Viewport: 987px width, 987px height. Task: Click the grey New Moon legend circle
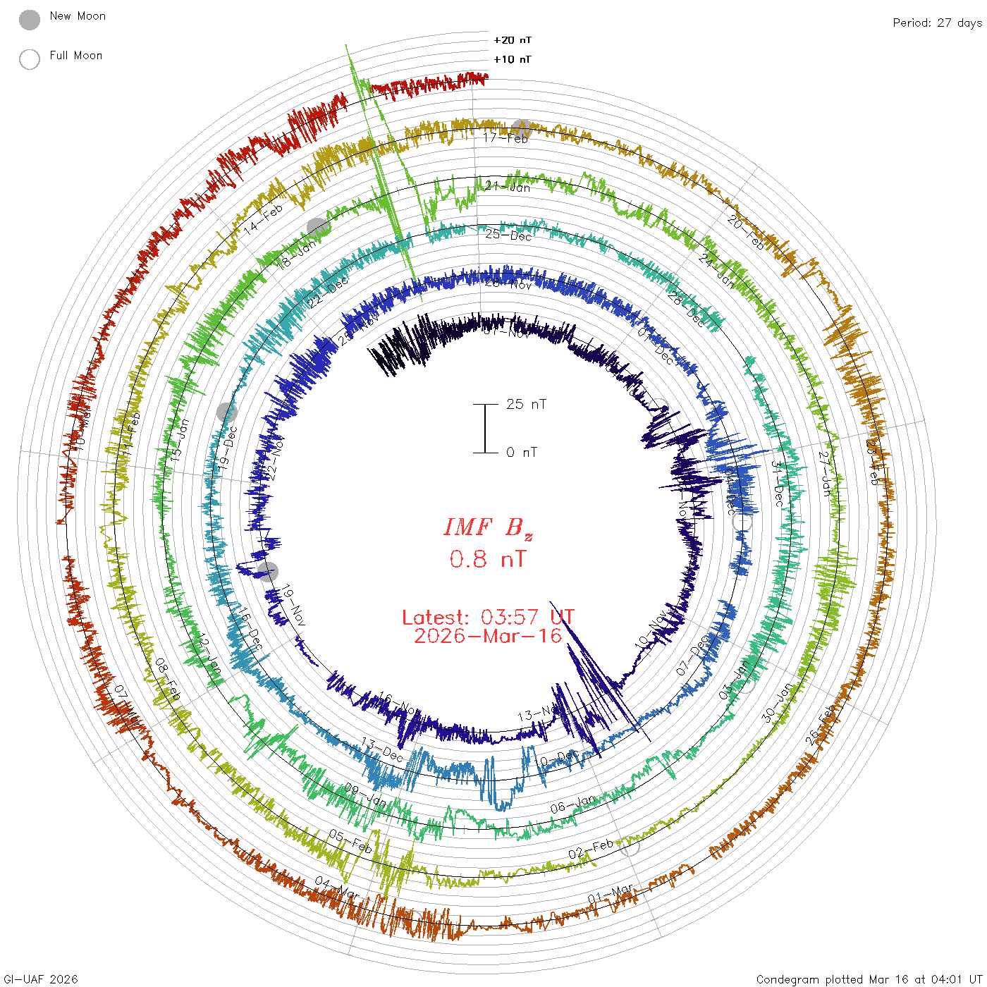(30, 20)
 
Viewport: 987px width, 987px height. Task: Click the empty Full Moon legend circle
(30, 59)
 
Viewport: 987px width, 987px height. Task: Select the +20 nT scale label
(513, 40)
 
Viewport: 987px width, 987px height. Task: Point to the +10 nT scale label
(513, 59)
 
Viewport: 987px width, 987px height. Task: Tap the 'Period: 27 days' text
(937, 23)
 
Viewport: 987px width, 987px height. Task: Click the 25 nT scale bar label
(526, 404)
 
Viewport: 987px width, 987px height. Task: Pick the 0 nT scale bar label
(522, 452)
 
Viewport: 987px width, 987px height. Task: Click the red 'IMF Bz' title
(488, 527)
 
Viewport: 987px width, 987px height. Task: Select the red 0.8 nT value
(488, 559)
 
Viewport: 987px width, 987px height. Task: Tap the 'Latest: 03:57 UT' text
(488, 617)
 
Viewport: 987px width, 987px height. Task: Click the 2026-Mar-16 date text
(488, 636)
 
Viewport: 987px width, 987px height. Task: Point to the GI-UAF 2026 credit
(41, 979)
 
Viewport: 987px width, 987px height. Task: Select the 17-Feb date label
(505, 137)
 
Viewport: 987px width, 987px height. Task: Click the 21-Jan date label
(508, 186)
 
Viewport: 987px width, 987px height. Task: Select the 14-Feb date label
(263, 219)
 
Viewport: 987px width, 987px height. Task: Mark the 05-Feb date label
(350, 841)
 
